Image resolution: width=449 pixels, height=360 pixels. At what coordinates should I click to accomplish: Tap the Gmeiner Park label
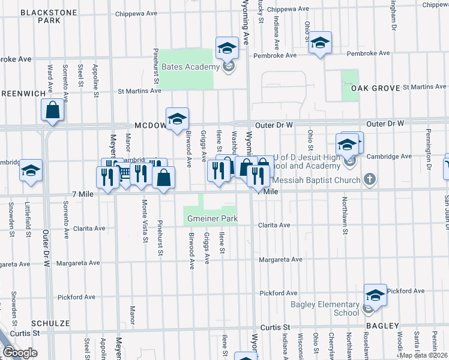pos(212,218)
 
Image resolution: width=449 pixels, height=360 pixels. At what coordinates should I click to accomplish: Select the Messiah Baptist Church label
pos(316,179)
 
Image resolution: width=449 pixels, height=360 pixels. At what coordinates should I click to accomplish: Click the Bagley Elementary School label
pos(325,308)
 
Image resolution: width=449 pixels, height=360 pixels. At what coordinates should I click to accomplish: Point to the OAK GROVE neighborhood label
pos(375,88)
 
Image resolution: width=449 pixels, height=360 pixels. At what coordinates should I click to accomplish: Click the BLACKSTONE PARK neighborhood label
pos(41,16)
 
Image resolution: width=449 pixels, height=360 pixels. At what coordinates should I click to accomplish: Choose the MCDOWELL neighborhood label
pos(150,125)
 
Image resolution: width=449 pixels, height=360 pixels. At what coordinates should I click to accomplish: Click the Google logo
pos(20,353)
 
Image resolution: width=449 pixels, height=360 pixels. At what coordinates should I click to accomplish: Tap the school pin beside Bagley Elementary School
pos(375,295)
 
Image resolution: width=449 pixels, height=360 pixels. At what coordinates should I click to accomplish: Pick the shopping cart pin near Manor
pos(124,173)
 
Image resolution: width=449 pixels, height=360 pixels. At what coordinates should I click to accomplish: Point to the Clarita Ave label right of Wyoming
pos(275,226)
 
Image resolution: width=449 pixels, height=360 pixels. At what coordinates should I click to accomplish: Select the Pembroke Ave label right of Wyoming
pos(275,55)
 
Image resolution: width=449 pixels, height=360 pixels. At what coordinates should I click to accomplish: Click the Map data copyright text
pos(424,355)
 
